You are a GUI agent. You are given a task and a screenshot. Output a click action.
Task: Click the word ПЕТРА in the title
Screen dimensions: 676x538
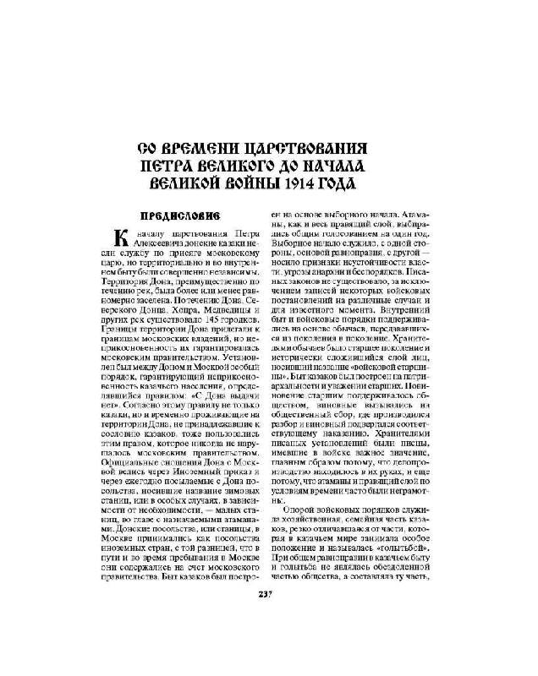point(185,166)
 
